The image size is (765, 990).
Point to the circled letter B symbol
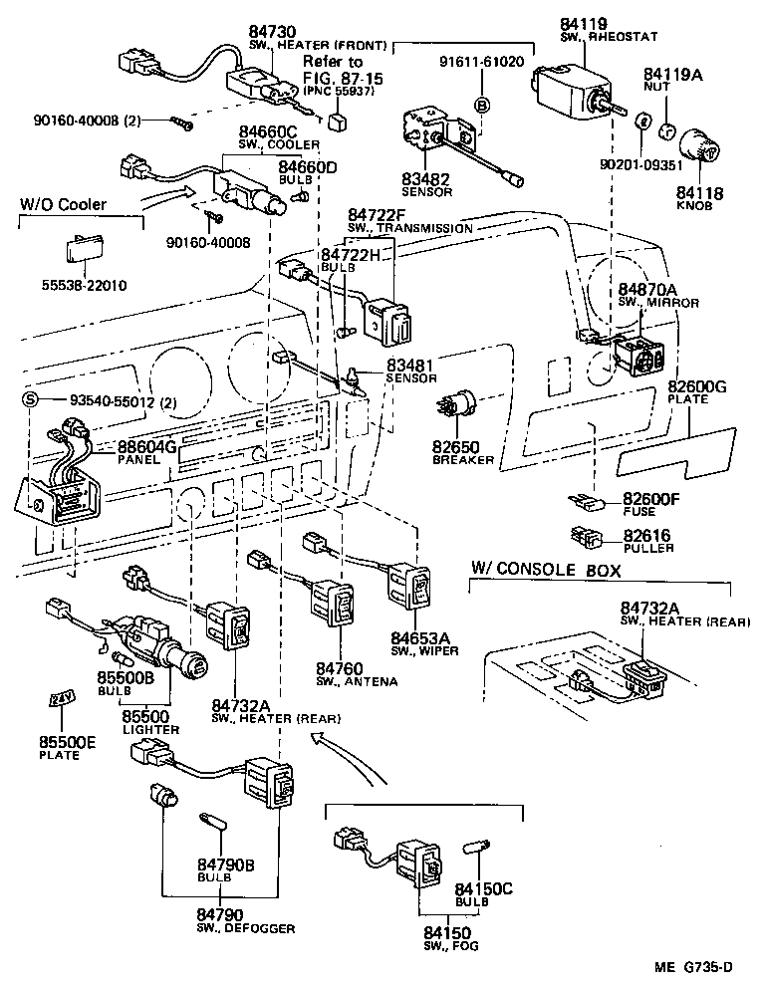481,106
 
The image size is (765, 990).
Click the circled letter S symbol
30,401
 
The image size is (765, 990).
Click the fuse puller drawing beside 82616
586,537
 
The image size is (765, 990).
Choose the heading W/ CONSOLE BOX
546,570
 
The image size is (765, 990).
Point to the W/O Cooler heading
62,206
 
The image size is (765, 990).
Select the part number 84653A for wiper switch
419,637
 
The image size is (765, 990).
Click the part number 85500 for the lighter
146,715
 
